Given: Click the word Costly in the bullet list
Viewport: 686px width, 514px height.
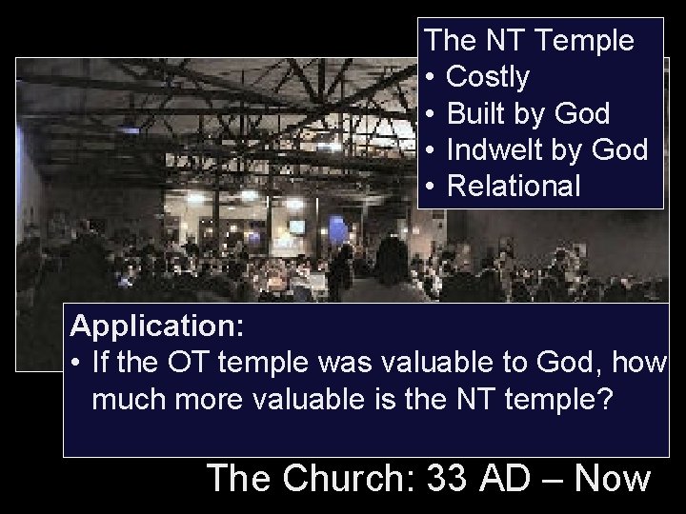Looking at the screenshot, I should (487, 77).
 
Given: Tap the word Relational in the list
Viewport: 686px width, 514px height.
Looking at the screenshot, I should (513, 187).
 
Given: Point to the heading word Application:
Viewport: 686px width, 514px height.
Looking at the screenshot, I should (158, 327).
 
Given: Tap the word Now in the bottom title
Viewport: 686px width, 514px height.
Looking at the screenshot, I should (613, 478).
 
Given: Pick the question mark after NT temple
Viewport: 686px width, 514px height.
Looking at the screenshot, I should (604, 399).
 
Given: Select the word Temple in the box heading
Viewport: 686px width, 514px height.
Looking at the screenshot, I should (586, 41).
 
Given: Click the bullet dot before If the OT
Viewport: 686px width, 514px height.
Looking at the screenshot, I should (76, 364).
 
